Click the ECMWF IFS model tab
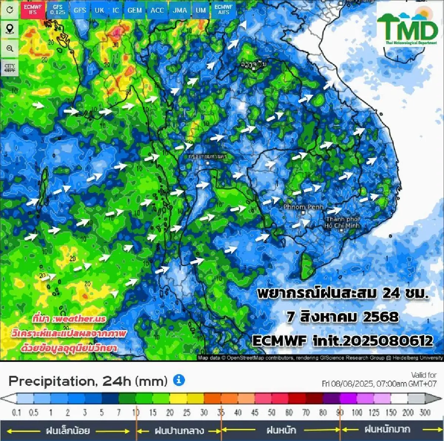pos(33,10)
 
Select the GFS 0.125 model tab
pos(58,10)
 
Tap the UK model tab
pos(99,10)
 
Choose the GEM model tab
pos(134,10)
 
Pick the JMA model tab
pos(180,10)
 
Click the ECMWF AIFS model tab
pos(223,10)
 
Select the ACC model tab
pos(157,10)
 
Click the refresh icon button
pos(10,10)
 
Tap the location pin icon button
pos(10,29)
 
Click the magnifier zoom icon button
pos(10,49)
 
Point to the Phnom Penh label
pos(303,207)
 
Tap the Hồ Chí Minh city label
pos(342,223)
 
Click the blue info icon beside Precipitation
pos(179,380)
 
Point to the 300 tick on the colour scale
pos(425,412)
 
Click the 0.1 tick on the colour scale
pos(17,412)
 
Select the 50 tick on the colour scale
pos(272,412)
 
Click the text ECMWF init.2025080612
pos(342,340)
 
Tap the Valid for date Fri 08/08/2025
pos(379,384)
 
